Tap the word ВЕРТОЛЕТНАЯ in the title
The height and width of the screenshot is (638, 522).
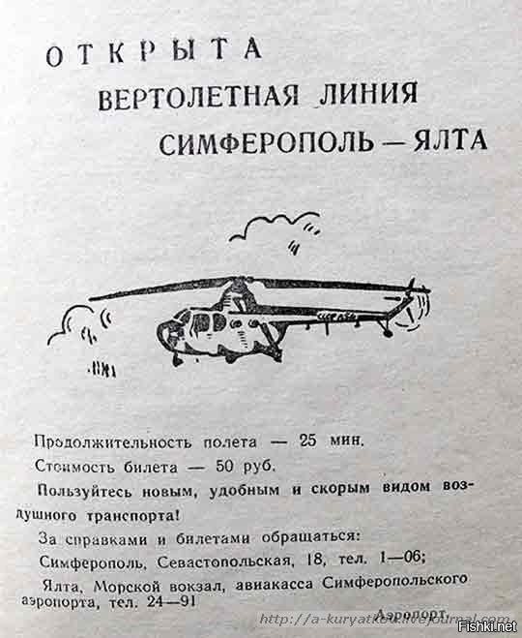point(198,97)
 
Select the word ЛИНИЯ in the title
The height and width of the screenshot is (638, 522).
point(368,94)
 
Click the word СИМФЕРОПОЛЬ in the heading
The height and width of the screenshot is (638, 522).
point(266,143)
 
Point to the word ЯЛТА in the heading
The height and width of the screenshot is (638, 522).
point(450,140)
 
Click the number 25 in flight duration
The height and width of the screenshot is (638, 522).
point(307,441)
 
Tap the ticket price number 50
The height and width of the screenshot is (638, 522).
point(225,467)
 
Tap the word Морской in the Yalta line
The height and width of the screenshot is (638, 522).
point(125,587)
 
